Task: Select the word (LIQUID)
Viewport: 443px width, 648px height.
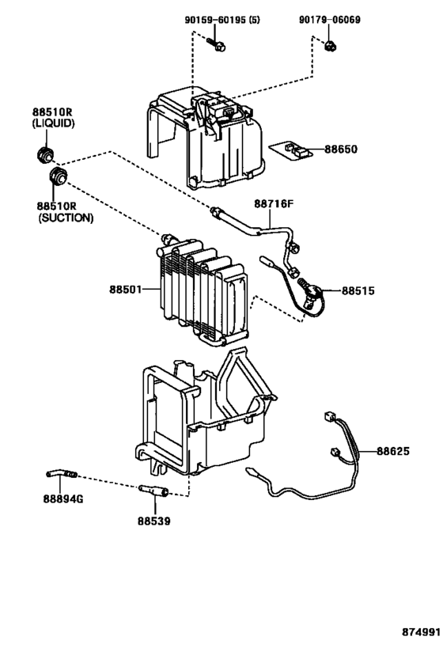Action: (54, 124)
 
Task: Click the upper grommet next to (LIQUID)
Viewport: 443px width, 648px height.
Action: (46, 153)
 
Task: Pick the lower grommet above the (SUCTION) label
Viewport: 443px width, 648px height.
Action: (59, 175)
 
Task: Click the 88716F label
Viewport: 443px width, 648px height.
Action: (273, 204)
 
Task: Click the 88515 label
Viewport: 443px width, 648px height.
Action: (358, 290)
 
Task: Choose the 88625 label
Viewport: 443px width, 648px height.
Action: (392, 451)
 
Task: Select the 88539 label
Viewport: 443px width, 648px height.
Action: (153, 521)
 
